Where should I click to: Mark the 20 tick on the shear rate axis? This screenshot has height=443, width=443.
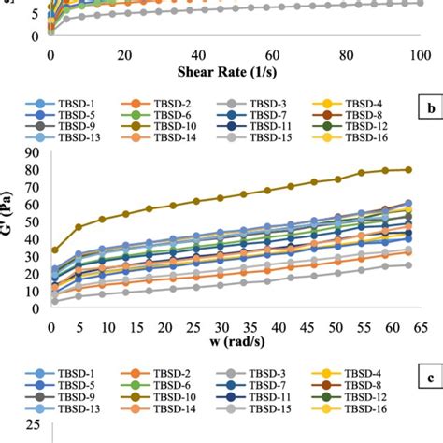124,55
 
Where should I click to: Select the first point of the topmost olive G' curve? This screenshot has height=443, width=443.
54,250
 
